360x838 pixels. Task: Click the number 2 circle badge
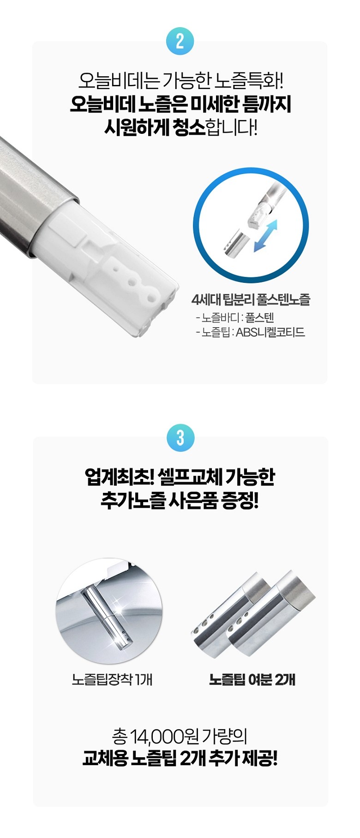pos(180,41)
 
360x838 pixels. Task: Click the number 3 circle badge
pos(180,437)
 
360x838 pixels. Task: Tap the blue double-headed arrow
pos(265,236)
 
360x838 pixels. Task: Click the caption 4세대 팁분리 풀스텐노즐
pos(251,299)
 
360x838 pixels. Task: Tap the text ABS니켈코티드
pos(270,332)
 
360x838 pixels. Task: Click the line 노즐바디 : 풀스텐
pos(235,317)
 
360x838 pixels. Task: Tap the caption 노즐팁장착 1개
pos(112,679)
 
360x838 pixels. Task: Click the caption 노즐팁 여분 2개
pos(252,679)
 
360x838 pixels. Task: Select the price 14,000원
pos(164,736)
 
